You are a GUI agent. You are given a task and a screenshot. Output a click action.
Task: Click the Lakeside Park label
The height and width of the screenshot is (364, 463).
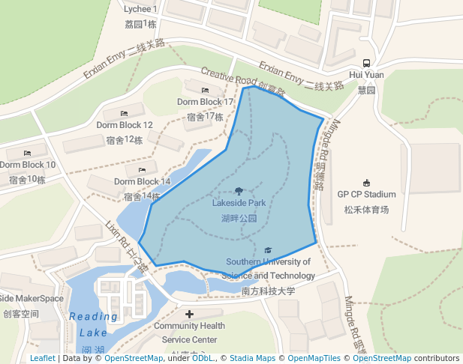[x=239, y=203]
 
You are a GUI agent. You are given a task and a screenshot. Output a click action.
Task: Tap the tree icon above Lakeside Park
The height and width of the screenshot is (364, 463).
[x=239, y=191]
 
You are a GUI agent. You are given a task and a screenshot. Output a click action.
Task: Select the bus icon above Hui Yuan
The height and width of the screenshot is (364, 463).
[x=366, y=63]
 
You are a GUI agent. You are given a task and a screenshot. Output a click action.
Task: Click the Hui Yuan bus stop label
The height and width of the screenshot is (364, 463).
[x=366, y=75]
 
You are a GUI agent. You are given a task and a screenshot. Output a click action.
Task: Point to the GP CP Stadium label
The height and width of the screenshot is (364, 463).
[x=366, y=195]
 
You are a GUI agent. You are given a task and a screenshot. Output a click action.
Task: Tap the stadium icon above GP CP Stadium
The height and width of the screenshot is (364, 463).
[x=366, y=183]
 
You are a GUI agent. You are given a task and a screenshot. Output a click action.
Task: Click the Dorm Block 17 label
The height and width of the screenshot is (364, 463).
[x=205, y=102]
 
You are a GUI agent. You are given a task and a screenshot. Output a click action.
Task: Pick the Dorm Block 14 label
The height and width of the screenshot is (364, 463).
[x=143, y=182]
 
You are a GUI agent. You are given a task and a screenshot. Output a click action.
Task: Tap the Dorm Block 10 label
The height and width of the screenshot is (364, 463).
[x=28, y=165]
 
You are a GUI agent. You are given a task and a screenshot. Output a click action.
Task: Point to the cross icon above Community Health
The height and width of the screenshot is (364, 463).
[x=189, y=314]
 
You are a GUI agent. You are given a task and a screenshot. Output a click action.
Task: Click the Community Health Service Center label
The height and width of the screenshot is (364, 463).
[x=189, y=333]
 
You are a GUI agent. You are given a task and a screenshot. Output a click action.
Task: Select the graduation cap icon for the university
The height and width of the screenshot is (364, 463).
[x=269, y=250]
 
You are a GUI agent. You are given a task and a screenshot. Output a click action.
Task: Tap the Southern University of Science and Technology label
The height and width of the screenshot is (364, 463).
[x=269, y=268]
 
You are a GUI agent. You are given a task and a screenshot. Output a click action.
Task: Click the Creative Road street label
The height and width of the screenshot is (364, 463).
[x=229, y=77]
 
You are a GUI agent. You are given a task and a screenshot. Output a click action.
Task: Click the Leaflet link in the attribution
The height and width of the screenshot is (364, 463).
[x=42, y=358]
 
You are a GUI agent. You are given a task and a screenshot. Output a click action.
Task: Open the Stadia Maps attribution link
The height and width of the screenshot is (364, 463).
[x=252, y=358]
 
